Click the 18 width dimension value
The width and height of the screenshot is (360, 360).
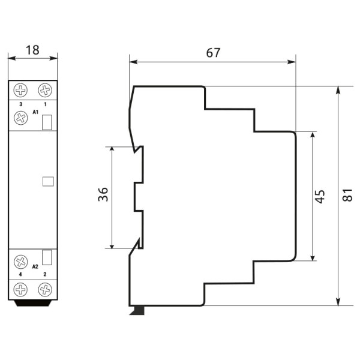click(x=32, y=50)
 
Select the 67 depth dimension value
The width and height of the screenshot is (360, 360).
click(x=212, y=53)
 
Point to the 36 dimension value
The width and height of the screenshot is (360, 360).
click(x=103, y=195)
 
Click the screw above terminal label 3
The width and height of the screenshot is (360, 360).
click(x=22, y=91)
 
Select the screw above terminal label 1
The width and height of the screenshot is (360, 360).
click(x=45, y=91)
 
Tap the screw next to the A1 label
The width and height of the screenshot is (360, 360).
click(x=22, y=119)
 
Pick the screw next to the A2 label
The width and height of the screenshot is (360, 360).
click(x=22, y=262)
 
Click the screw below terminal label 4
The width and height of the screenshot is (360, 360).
click(x=22, y=290)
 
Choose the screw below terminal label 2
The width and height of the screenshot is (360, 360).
click(x=45, y=290)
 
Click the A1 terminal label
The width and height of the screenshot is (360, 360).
click(x=35, y=112)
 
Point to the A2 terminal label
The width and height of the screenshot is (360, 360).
click(x=35, y=266)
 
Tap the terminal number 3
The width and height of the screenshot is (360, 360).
click(x=21, y=104)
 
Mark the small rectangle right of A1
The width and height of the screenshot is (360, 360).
click(x=47, y=122)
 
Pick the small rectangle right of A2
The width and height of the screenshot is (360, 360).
click(x=47, y=258)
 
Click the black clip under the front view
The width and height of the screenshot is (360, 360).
click(x=33, y=303)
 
